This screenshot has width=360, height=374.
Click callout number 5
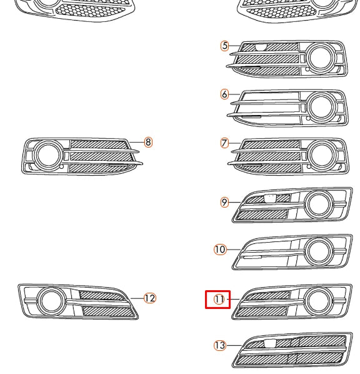(225, 46)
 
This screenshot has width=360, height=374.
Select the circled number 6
(225, 94)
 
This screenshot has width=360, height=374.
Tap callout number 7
(225, 143)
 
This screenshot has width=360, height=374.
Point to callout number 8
(148, 143)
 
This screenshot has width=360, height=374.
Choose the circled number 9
(224, 202)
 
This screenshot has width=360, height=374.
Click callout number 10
(220, 250)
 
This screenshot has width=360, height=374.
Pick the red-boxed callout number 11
(219, 300)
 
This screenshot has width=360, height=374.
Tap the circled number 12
(149, 298)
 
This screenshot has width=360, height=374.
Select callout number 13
(219, 345)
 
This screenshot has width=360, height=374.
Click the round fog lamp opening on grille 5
(321, 58)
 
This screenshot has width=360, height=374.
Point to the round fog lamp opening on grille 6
(321, 106)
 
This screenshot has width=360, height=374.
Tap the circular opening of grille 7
(321, 155)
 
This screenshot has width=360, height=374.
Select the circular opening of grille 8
(47, 154)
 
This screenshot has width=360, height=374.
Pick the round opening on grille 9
(320, 203)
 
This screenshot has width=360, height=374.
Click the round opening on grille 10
(320, 251)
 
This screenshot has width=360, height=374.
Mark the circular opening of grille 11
(320, 301)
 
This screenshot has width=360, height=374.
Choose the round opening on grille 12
(50, 300)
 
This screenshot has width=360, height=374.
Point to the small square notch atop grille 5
(262, 45)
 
